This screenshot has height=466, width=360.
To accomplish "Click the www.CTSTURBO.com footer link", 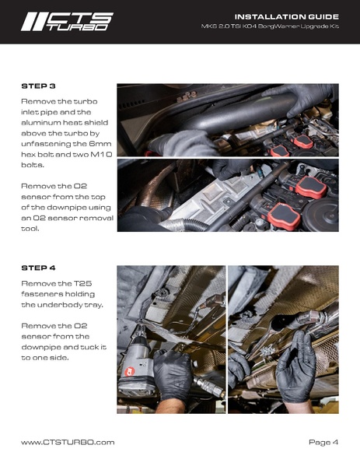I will [x=68, y=442].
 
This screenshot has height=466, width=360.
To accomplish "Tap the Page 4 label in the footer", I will [x=323, y=442].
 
